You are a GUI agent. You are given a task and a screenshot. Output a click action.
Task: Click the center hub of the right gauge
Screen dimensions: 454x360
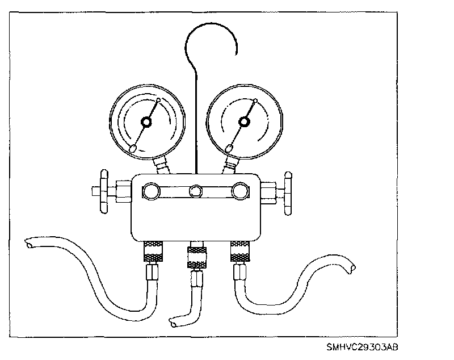click(x=244, y=121)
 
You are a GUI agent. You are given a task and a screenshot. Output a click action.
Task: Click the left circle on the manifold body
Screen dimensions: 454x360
click(x=152, y=191)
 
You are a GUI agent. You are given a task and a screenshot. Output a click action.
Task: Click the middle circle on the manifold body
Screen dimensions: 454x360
click(x=196, y=191)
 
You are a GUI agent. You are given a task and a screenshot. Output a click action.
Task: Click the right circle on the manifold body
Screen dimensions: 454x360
click(x=241, y=191)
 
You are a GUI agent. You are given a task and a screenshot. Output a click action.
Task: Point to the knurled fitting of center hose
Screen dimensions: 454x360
click(x=196, y=256)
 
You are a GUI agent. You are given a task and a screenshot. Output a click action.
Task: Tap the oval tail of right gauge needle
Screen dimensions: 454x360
click(x=230, y=148)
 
